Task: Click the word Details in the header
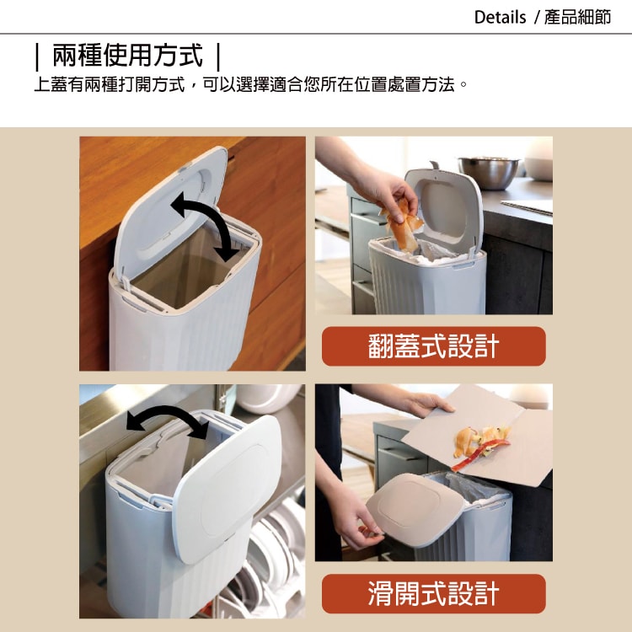pos(500,18)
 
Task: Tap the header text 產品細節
pos(577,18)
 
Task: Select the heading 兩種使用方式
pos(128,56)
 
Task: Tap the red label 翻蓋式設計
pos(434,346)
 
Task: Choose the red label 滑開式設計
pos(434,593)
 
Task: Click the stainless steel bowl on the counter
pos(489,173)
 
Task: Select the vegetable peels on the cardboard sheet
pos(481,447)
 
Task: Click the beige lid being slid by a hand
pos(415,509)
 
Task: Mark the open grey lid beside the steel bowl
pos(444,211)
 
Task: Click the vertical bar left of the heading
pos(37,56)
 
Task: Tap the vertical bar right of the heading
pos(218,56)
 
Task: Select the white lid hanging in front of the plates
pos(228,489)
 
